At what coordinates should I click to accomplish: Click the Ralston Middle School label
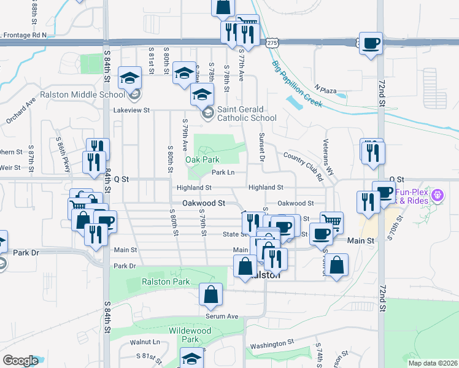click(82, 95)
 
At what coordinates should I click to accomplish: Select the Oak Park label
click(202, 159)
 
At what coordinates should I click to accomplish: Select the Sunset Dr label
click(261, 148)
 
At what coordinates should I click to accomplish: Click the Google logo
click(21, 361)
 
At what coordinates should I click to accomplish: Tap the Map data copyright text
click(433, 363)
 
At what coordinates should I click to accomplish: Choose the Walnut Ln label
click(144, 342)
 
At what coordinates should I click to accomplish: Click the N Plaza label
click(325, 91)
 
